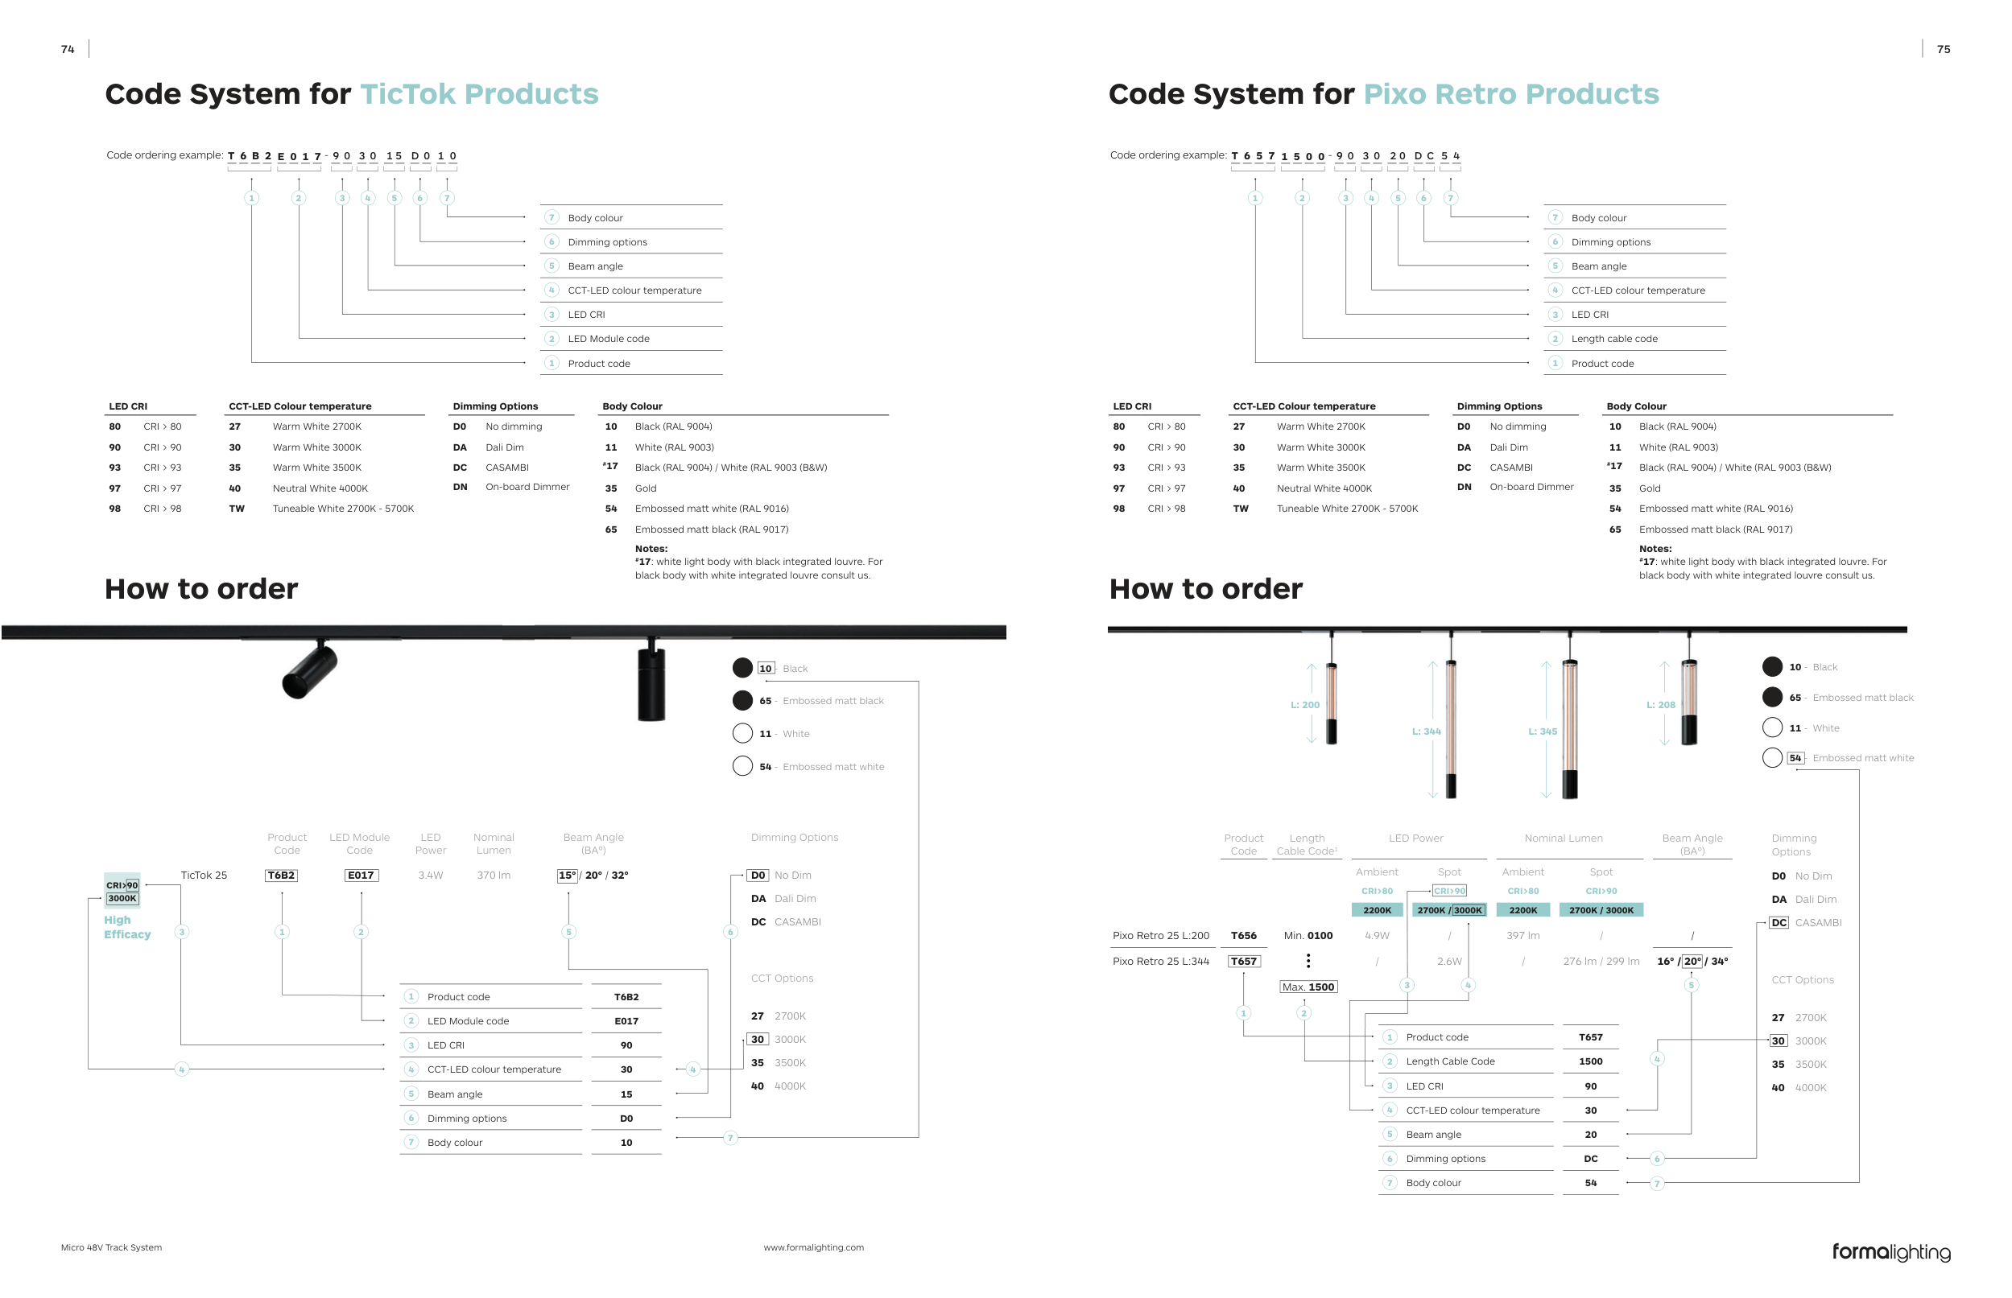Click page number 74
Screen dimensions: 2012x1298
[x=68, y=50]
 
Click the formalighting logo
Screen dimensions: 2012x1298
[x=1890, y=1251]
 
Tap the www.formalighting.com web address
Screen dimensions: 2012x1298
[x=814, y=1247]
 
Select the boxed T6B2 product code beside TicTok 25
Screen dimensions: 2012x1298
[x=281, y=875]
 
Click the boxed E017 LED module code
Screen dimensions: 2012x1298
[x=361, y=875]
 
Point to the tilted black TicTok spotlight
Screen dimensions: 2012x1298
[x=310, y=670]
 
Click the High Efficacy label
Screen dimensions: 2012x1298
[x=127, y=927]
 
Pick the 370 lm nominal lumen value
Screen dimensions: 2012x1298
[x=494, y=875]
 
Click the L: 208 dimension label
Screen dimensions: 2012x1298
[x=1660, y=705]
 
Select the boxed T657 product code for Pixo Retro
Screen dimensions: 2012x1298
[x=1244, y=961]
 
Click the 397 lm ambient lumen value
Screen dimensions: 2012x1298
[x=1523, y=936]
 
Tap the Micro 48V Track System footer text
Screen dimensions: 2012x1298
[x=111, y=1247]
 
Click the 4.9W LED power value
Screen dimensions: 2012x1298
[x=1377, y=936]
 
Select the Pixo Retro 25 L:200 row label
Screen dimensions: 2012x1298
[x=1161, y=936]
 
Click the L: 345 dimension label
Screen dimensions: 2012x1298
[x=1543, y=731]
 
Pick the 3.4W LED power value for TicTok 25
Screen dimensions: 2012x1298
[x=430, y=875]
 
